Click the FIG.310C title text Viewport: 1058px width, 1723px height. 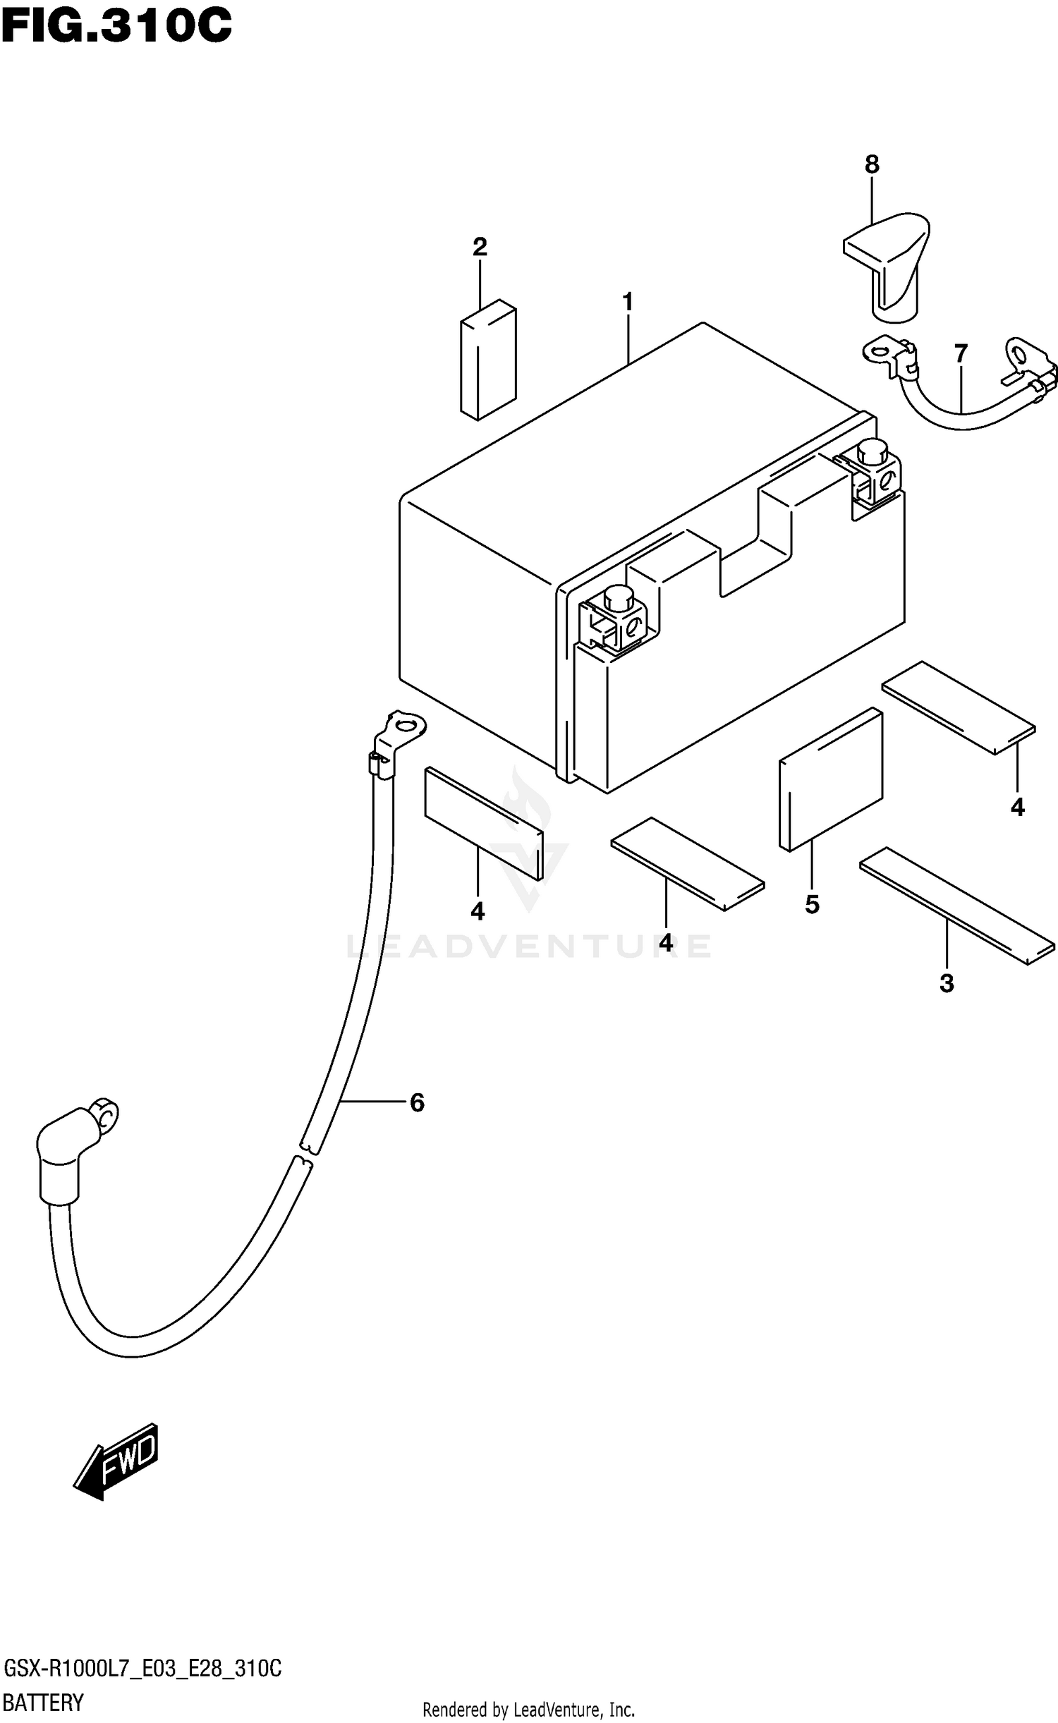pyautogui.click(x=116, y=27)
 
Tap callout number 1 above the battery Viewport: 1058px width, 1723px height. pyautogui.click(x=627, y=303)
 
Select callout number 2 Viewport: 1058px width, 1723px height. pyautogui.click(x=480, y=247)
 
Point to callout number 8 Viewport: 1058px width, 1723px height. pyautogui.click(x=872, y=165)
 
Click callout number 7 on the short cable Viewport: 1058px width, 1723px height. pyautogui.click(x=961, y=353)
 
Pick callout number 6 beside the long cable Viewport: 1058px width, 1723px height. pyautogui.click(x=417, y=1103)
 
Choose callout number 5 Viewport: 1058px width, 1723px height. pyautogui.click(x=812, y=904)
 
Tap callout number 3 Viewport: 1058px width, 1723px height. pyautogui.click(x=947, y=983)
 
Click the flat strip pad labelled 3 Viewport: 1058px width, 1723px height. pyautogui.click(x=956, y=905)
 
